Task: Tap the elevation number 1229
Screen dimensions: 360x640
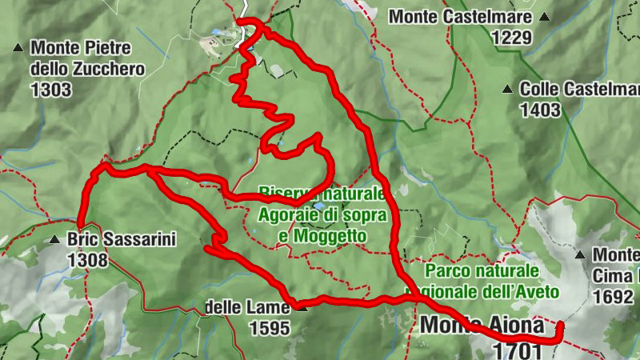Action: coord(512,37)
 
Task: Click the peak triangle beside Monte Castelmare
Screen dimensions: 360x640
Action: coord(544,16)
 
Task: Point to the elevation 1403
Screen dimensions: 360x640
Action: coord(540,110)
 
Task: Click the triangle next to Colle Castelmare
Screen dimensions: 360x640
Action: coord(507,90)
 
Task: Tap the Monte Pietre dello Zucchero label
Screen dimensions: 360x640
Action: coord(86,58)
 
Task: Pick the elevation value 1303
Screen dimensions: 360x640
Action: coord(51,90)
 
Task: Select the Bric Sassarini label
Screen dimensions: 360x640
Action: coord(121,239)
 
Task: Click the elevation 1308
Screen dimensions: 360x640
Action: coord(87,260)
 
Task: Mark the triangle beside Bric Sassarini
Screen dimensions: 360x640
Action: coord(54,239)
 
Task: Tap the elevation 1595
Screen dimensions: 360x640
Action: coord(269,328)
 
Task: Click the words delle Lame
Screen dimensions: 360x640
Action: coord(245,307)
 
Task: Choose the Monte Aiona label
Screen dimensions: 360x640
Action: coord(482,326)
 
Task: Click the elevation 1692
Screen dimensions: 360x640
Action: coord(613,297)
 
